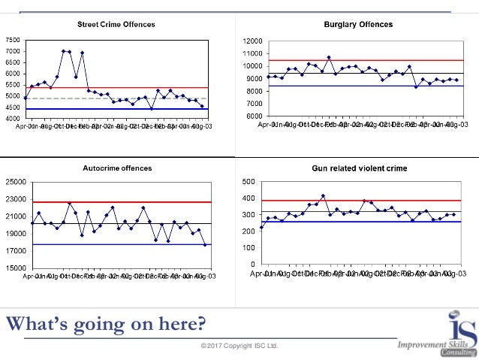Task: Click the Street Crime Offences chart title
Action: tap(116, 25)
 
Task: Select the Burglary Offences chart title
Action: tap(358, 25)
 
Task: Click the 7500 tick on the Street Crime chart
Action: tap(13, 40)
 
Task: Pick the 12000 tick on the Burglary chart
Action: tap(252, 41)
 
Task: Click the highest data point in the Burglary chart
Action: tap(329, 57)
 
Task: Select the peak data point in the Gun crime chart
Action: tap(323, 195)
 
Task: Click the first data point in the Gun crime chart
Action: tap(261, 228)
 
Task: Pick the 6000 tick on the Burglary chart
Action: tap(253, 116)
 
